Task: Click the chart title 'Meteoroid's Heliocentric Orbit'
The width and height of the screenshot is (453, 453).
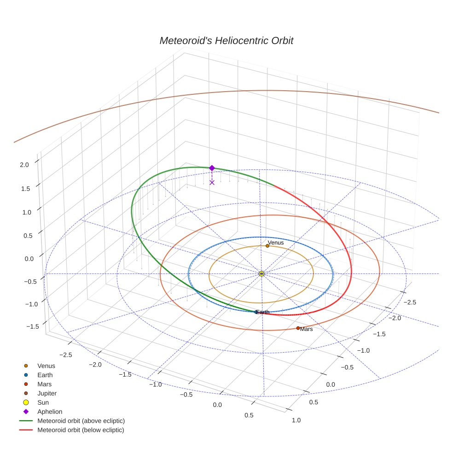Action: pos(226,41)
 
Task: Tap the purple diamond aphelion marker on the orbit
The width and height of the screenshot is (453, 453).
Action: pos(212,168)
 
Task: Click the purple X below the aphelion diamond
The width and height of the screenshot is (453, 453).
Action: pos(212,182)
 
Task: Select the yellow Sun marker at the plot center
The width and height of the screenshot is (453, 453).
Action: pos(261,274)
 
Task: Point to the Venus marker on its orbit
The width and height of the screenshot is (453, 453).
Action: pos(267,246)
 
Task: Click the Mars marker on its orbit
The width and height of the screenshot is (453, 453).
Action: pos(298,328)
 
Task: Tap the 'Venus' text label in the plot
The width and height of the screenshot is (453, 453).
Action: pos(276,242)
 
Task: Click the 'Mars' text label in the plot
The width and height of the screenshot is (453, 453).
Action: pos(307,329)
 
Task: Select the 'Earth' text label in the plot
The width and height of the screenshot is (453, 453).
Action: pos(263,312)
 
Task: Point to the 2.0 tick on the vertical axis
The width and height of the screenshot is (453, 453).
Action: pos(24,164)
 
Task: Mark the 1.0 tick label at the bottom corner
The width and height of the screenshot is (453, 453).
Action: pos(296,420)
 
